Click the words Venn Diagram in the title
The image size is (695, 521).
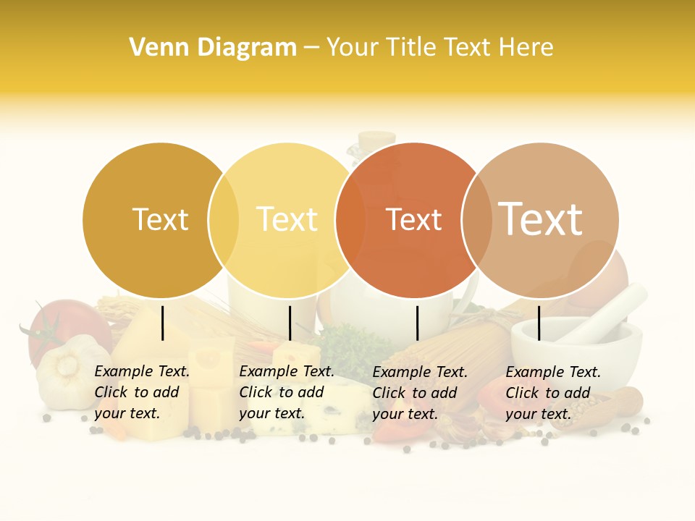point(213,48)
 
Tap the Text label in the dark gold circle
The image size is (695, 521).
point(160,220)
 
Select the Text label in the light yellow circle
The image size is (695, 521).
point(287,220)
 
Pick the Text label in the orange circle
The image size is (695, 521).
point(413,220)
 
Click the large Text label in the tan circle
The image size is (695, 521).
point(541,219)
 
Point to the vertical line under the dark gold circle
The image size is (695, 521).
point(163,323)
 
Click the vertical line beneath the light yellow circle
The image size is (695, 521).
point(290,323)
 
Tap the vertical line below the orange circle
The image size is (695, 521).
point(418,323)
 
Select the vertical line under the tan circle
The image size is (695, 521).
point(539,323)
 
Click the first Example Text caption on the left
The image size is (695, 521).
point(142,392)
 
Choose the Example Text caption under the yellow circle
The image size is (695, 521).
point(287,392)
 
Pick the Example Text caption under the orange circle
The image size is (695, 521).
point(420,393)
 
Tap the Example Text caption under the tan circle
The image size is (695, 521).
point(553,393)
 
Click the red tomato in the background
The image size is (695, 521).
point(58,326)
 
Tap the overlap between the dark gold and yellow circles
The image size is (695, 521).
point(224,220)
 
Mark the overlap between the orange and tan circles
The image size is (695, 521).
point(477,220)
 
